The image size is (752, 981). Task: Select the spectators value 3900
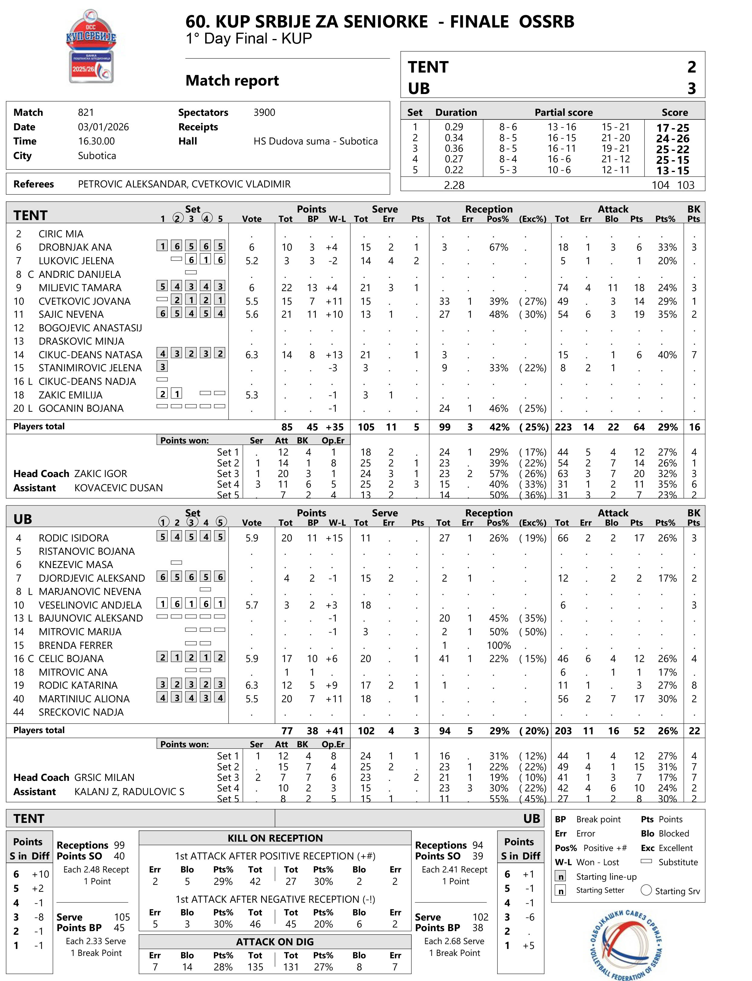(264, 112)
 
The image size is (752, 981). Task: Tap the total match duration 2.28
(454, 185)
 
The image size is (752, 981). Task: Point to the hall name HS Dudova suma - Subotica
(315, 141)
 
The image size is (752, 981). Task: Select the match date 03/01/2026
(103, 127)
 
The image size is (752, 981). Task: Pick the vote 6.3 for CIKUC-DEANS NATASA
(251, 355)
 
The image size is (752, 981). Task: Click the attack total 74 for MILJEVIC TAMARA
(563, 287)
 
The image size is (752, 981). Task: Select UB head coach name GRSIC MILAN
(104, 777)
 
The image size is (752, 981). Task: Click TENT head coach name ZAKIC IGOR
(100, 473)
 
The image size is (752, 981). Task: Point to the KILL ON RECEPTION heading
(275, 838)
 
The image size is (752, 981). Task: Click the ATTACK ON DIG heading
(275, 942)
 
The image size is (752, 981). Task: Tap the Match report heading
(232, 81)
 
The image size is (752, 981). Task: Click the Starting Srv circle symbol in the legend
(646, 890)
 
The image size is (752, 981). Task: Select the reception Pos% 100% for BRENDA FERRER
(499, 645)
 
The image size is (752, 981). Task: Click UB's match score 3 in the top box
(691, 89)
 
